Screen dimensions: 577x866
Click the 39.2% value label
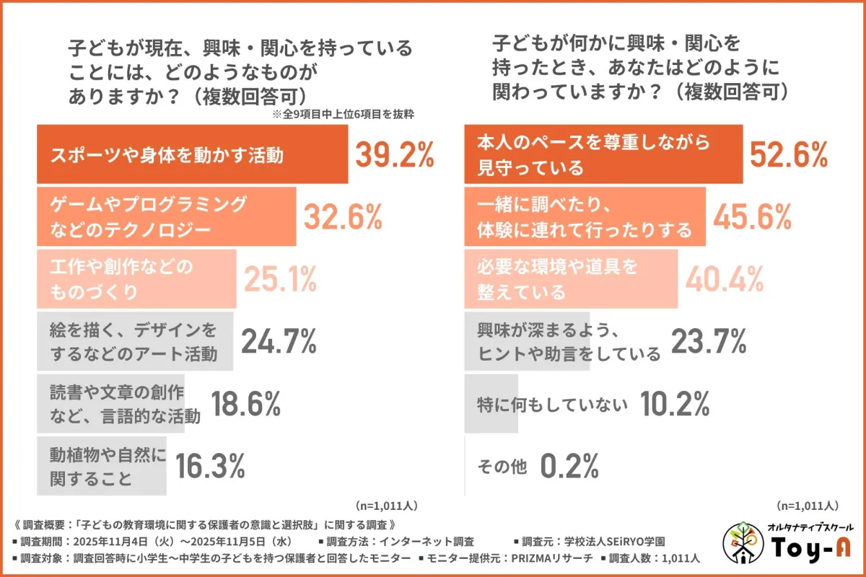[394, 154]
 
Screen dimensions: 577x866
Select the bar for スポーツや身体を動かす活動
[192, 155]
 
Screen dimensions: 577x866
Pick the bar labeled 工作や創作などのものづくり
[137, 279]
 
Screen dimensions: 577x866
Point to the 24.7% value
[279, 341]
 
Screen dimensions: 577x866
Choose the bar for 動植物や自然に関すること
[101, 466]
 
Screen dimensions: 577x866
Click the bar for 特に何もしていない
[491, 404]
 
